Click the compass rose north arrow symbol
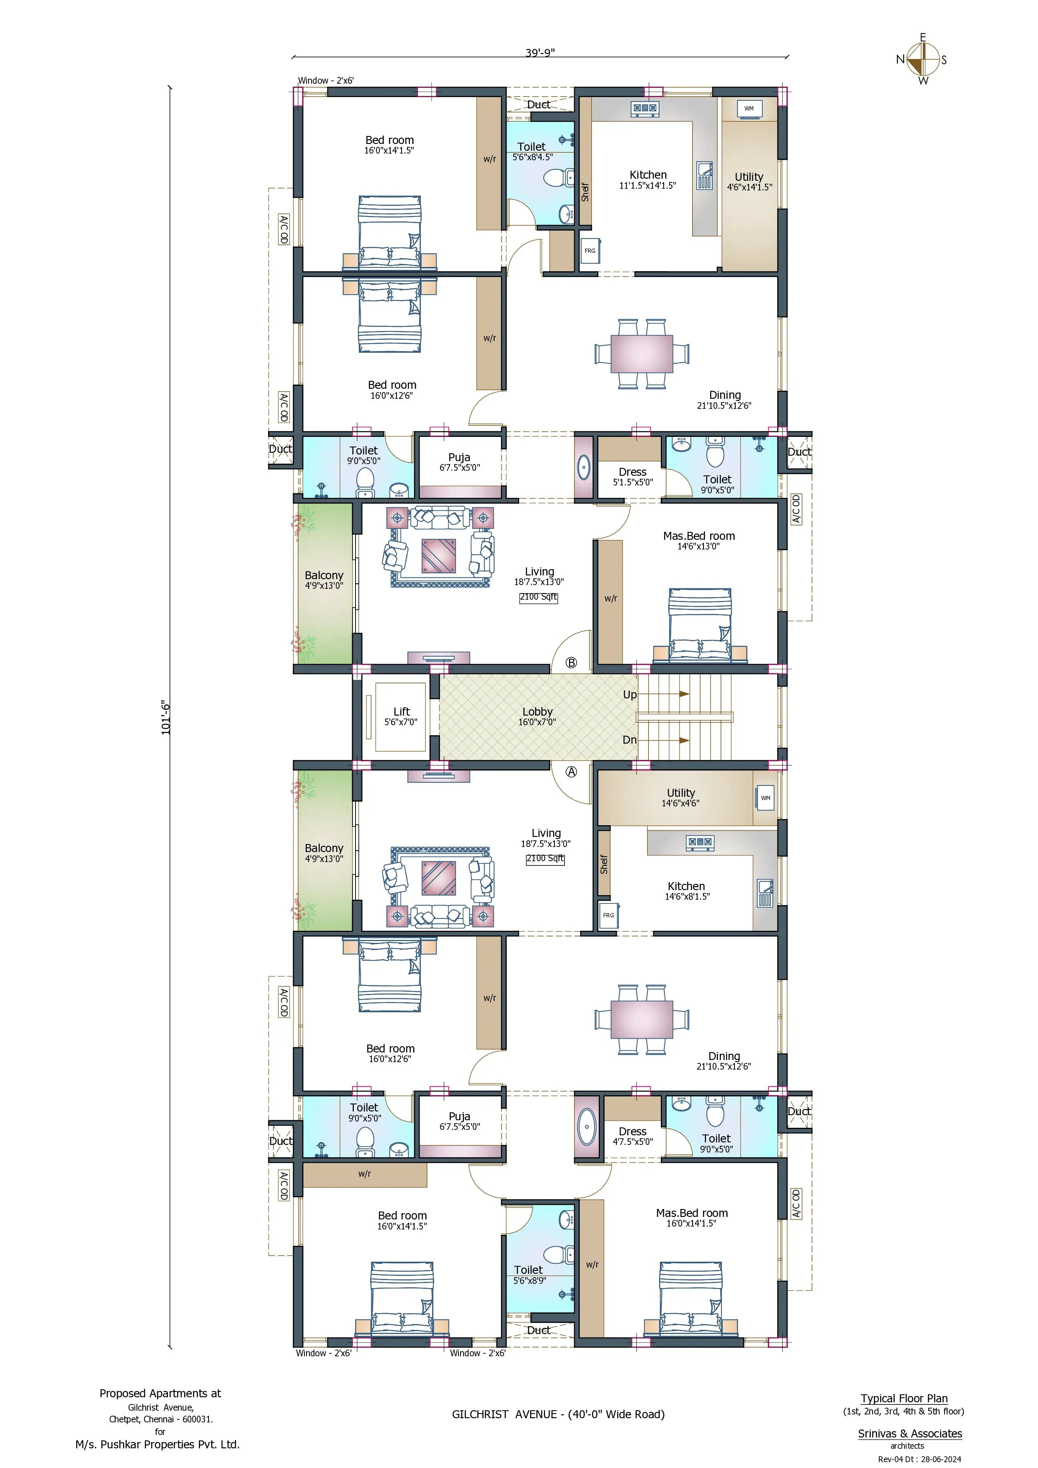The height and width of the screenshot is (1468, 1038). click(923, 60)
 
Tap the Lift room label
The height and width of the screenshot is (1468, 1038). click(402, 712)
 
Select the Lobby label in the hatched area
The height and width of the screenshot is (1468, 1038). click(537, 712)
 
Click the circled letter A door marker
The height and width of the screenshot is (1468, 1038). click(571, 772)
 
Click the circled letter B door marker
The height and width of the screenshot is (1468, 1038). click(571, 663)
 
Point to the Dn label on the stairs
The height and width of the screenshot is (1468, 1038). click(630, 740)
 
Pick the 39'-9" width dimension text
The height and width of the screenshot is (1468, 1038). click(540, 52)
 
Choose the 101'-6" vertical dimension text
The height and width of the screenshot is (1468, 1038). click(166, 717)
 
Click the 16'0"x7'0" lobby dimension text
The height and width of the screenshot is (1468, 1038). click(537, 722)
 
